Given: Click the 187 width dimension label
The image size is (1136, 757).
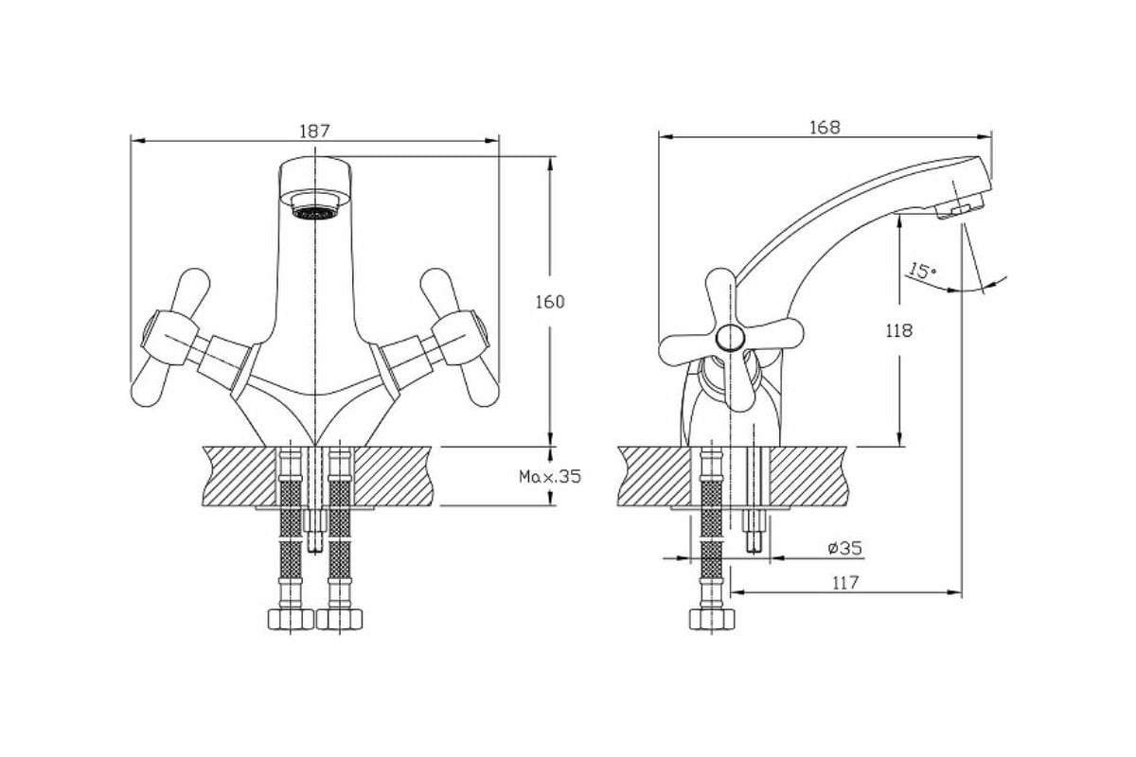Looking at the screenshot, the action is [x=314, y=131].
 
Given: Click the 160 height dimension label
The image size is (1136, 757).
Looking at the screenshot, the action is [x=550, y=302].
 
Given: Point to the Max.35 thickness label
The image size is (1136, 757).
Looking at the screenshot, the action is [x=550, y=477].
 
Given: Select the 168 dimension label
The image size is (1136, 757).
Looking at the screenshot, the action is [x=825, y=127].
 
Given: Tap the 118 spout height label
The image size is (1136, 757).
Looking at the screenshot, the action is [x=898, y=330].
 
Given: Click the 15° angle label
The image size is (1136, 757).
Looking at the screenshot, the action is [x=921, y=271].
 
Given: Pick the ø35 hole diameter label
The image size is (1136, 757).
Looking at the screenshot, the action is [x=844, y=548].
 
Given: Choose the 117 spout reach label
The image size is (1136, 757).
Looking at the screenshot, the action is [x=844, y=583].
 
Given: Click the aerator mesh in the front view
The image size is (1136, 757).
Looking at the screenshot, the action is [x=315, y=213].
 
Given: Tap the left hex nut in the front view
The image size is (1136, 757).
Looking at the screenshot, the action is [x=291, y=620].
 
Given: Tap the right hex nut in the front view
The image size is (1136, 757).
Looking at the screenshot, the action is [x=339, y=620].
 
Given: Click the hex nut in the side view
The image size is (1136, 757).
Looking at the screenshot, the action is [x=712, y=620].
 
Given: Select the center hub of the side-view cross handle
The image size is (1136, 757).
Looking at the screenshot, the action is [x=730, y=337].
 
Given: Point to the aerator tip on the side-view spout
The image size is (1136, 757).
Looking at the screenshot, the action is [x=960, y=209].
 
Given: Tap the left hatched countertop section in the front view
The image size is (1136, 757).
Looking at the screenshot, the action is [x=240, y=476].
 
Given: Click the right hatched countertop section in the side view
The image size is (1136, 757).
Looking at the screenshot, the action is [x=810, y=476].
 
